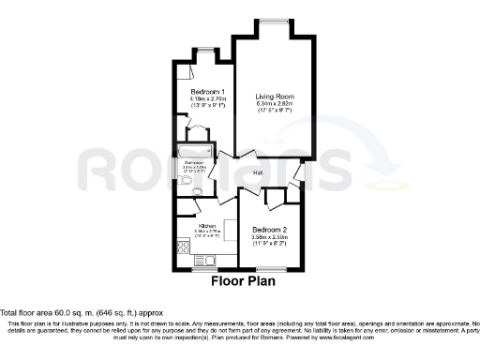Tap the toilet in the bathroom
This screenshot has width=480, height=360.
[x=199, y=194]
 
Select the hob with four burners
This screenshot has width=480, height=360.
[x=184, y=248]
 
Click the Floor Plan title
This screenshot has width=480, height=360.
[x=241, y=279]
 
